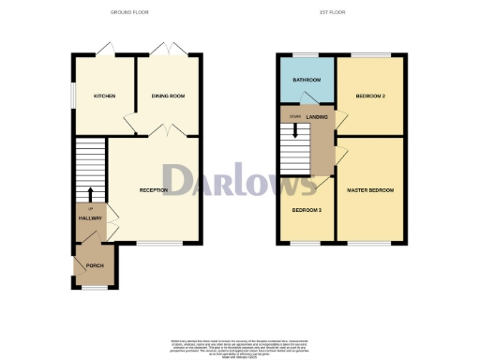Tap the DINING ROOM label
(x=168, y=96)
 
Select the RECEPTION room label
(x=153, y=190)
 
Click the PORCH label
(x=95, y=266)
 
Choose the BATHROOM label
(x=307, y=80)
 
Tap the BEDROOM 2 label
(x=371, y=96)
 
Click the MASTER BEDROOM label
(x=370, y=190)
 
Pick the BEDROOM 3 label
(x=307, y=209)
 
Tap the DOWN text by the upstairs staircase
(x=295, y=116)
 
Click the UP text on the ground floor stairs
(x=91, y=207)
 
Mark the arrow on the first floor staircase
(x=296, y=131)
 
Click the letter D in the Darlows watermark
(x=178, y=180)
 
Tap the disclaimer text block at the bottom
(x=240, y=345)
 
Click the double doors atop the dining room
(x=168, y=49)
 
